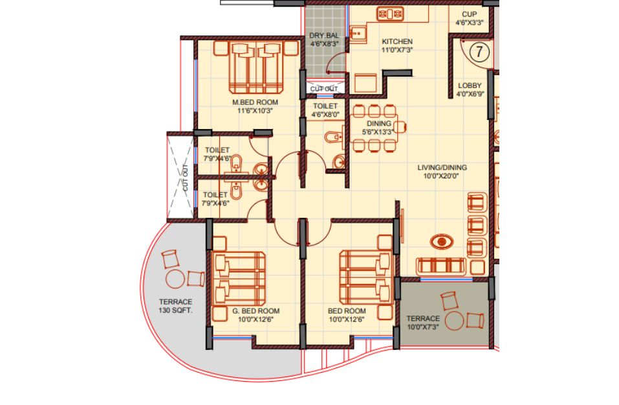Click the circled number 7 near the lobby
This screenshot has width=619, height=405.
pyautogui.click(x=479, y=51)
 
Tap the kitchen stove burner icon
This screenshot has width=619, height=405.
pyautogui.click(x=389, y=14)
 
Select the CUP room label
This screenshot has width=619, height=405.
pyautogui.click(x=469, y=14)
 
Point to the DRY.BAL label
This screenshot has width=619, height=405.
pyautogui.click(x=323, y=36)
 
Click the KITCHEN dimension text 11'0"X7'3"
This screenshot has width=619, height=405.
pyautogui.click(x=397, y=50)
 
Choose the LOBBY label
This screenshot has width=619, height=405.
pyautogui.click(x=470, y=86)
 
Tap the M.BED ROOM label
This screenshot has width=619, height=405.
pyautogui.click(x=255, y=102)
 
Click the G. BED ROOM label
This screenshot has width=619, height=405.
pyautogui.click(x=255, y=311)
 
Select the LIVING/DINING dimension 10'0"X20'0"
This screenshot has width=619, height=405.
pyautogui.click(x=441, y=176)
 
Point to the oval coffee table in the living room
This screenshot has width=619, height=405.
pyautogui.click(x=441, y=241)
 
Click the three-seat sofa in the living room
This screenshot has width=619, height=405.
pyautogui.click(x=441, y=266)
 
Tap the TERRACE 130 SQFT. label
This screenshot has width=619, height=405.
pyautogui.click(x=176, y=306)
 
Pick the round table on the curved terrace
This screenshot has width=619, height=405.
pyautogui.click(x=175, y=279)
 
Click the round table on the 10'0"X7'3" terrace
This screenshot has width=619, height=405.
pyautogui.click(x=454, y=320)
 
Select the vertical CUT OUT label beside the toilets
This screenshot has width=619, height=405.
pyautogui.click(x=186, y=178)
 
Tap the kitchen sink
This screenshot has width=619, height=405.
pyautogui.click(x=358, y=33)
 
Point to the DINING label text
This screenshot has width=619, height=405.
pyautogui.click(x=379, y=123)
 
